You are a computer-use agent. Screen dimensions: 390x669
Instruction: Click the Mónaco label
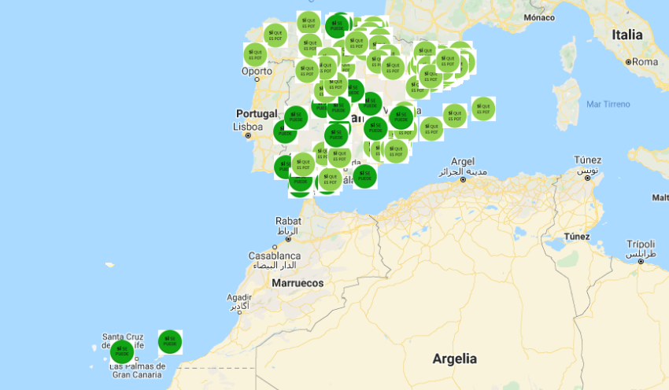point(539,17)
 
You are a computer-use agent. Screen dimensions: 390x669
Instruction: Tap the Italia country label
point(627,35)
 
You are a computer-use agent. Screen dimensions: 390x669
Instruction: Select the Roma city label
point(645,61)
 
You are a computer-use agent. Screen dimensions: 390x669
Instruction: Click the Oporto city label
point(257,71)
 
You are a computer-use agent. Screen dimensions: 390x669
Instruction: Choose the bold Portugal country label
point(257,113)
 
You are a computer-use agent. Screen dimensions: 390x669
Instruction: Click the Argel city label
point(463,160)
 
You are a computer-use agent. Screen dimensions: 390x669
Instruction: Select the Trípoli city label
point(641,244)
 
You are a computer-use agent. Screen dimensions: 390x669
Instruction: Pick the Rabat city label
point(288,221)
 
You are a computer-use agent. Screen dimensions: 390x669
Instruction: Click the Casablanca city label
point(275,256)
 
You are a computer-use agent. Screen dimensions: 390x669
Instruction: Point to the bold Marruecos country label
point(298,282)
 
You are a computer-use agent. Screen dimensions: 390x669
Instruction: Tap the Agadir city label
point(239,298)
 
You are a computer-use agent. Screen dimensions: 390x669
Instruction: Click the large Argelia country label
point(454,359)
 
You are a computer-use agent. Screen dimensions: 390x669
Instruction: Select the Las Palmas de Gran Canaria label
point(138,370)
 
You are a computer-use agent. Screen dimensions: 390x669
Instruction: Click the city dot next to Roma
point(629,61)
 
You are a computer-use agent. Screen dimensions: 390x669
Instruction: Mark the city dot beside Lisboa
point(249,136)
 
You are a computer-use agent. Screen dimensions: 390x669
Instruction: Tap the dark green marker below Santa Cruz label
point(122,352)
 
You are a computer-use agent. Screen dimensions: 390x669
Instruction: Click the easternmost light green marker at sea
point(483,108)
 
